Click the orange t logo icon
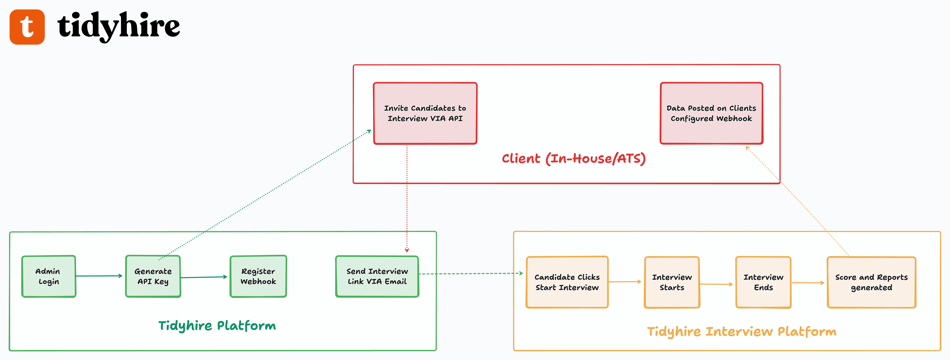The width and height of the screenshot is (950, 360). tap(27, 27)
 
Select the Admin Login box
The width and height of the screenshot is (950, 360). tap(49, 276)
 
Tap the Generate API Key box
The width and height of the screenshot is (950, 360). tap(153, 276)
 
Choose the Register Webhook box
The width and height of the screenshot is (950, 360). tap(258, 276)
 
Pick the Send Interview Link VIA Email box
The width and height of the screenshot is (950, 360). tap(377, 276)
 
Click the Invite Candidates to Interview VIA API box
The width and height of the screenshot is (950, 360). tap(425, 113)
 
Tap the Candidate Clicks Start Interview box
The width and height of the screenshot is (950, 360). tap(567, 282)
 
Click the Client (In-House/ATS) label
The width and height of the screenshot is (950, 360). tap(573, 159)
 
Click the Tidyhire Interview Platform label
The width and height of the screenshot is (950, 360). tap(742, 331)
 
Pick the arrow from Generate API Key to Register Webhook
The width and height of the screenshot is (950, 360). tap(204, 277)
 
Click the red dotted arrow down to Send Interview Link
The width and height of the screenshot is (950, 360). tap(407, 199)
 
